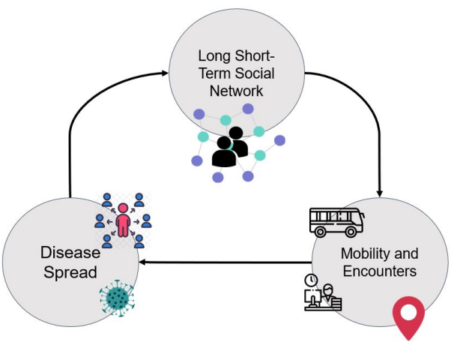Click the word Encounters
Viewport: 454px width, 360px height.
pos(379,270)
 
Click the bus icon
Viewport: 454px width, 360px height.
pos(337,220)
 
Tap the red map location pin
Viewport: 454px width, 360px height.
pos(409,318)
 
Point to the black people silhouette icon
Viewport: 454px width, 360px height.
pos(230,148)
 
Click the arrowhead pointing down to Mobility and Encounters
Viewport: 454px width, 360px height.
pos(381,194)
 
